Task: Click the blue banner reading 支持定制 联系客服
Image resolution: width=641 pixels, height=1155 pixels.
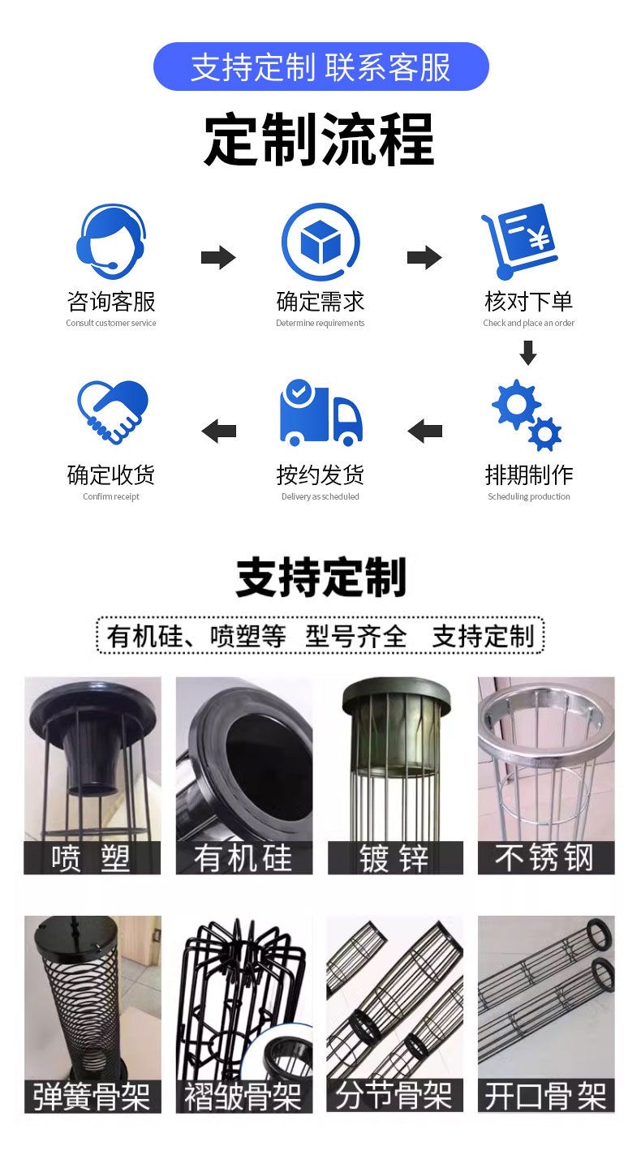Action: pyautogui.click(x=320, y=67)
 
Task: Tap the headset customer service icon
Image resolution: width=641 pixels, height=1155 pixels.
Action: pyautogui.click(x=111, y=242)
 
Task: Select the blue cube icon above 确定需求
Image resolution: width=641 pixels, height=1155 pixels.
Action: pyautogui.click(x=320, y=242)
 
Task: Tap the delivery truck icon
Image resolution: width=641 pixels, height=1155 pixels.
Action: pyautogui.click(x=320, y=413)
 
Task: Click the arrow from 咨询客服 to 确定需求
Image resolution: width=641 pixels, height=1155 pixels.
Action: pyautogui.click(x=218, y=257)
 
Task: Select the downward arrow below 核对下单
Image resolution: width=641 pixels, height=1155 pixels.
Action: pyautogui.click(x=528, y=353)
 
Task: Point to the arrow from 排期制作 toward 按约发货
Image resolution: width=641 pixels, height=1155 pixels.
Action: pyautogui.click(x=425, y=431)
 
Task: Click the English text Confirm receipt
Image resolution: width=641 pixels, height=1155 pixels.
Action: pyautogui.click(x=111, y=496)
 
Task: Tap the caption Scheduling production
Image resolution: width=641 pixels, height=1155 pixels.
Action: pyautogui.click(x=528, y=496)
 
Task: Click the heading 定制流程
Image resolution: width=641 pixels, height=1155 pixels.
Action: pyautogui.click(x=320, y=140)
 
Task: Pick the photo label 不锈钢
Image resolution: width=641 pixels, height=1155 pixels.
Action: pyautogui.click(x=546, y=857)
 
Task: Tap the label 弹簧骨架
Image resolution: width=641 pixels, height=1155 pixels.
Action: pyautogui.click(x=92, y=1097)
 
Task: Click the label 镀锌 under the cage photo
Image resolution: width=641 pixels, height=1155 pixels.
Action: pyautogui.click(x=395, y=858)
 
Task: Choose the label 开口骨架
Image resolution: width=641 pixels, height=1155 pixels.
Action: pyautogui.click(x=546, y=1096)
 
